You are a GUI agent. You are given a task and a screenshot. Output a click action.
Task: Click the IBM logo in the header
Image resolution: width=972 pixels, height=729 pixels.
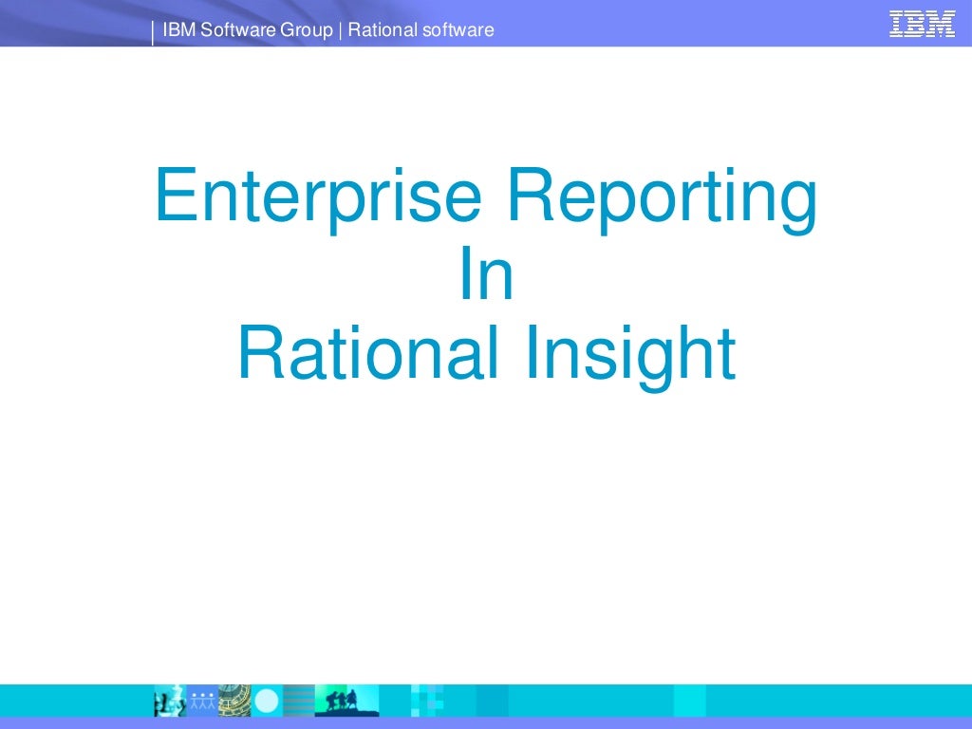click(x=922, y=23)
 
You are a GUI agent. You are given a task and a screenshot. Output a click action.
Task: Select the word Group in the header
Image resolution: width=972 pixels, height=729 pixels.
click(x=306, y=30)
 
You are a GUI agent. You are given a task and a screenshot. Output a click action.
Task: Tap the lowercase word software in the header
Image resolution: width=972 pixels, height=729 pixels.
click(x=460, y=30)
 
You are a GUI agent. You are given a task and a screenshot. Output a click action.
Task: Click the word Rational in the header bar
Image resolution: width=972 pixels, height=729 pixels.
click(x=384, y=30)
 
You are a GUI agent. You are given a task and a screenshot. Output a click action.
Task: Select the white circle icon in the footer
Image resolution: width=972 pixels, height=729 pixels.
click(x=267, y=701)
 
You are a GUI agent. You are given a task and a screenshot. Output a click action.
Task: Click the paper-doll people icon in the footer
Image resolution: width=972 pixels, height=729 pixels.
click(x=203, y=701)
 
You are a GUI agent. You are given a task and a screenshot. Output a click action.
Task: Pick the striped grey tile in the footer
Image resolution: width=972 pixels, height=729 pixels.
click(x=298, y=701)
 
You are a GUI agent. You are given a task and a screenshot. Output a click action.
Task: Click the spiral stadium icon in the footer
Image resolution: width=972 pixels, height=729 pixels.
click(x=234, y=701)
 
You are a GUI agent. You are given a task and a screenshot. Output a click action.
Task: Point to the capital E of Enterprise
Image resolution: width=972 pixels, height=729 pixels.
click(x=173, y=194)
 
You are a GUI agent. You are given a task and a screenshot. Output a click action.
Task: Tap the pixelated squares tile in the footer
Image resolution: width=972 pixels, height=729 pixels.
click(x=427, y=701)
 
